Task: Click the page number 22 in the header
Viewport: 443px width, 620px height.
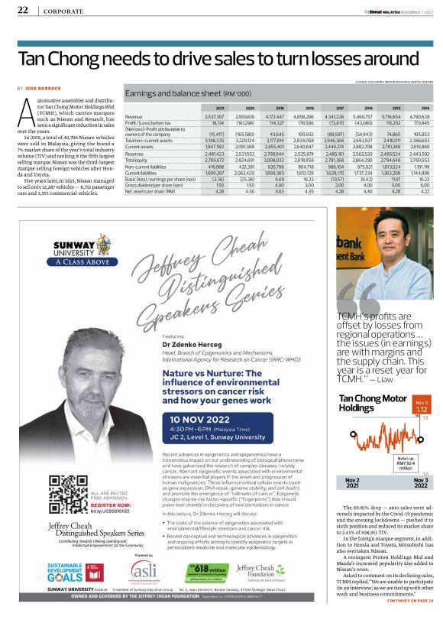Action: coord(23,11)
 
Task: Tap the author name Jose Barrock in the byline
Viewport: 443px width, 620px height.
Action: coord(46,89)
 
